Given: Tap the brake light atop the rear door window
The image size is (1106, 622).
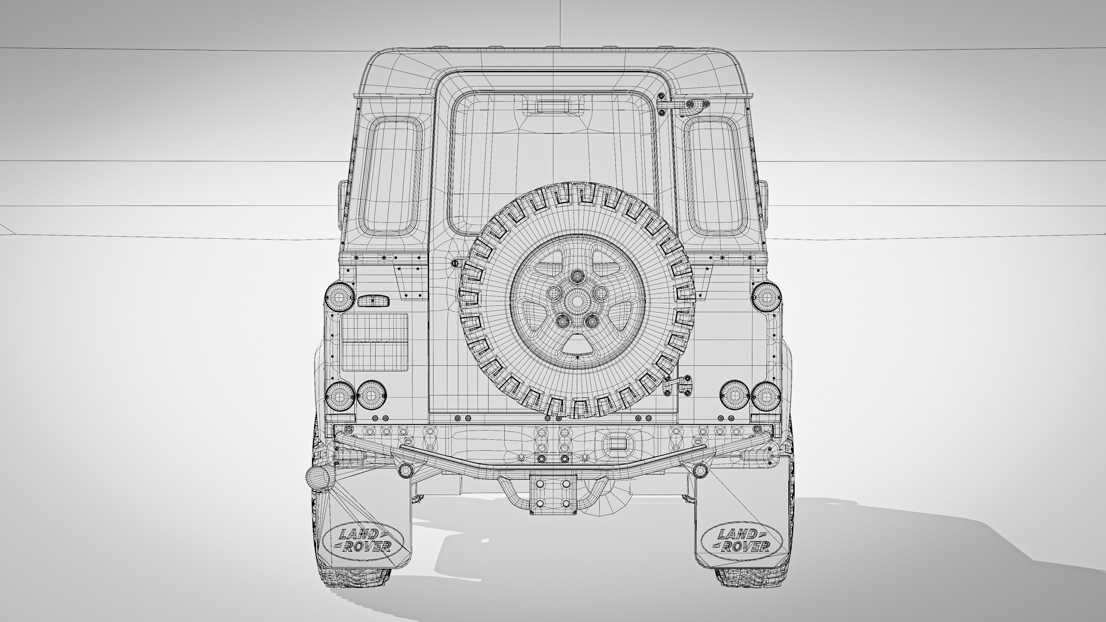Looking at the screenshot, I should [x=553, y=107].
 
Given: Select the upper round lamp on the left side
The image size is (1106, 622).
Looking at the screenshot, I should [x=340, y=296].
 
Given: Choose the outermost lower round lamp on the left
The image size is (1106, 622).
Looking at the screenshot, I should [x=340, y=395].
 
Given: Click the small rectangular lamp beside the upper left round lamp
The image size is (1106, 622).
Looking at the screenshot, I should [x=373, y=300].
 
